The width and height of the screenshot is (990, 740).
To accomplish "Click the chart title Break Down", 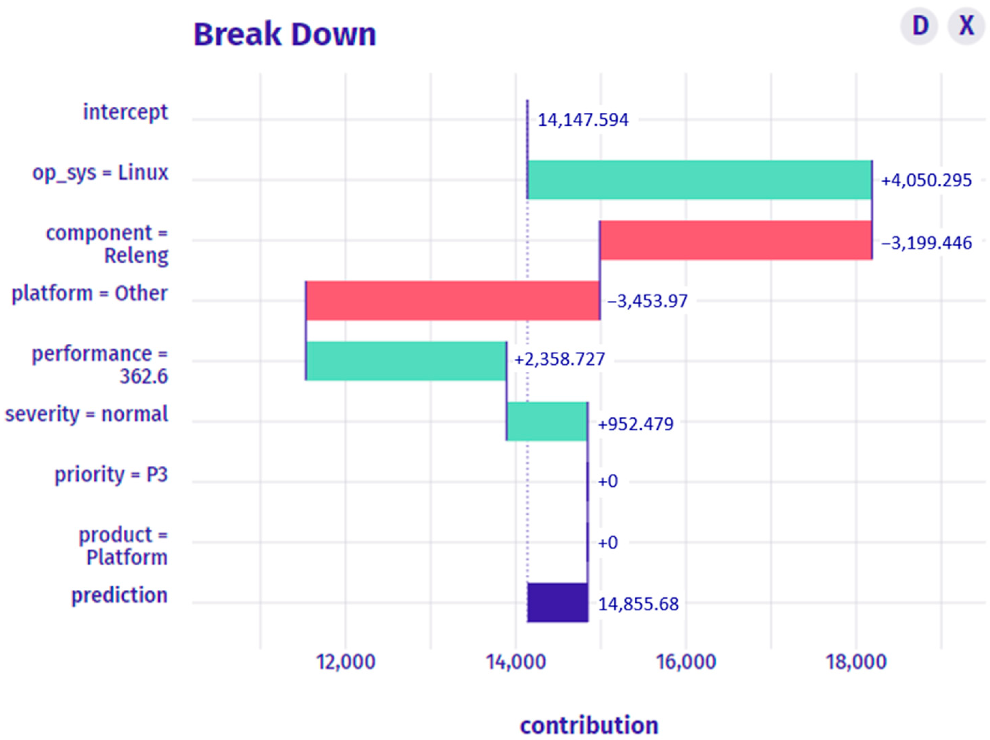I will [x=285, y=34].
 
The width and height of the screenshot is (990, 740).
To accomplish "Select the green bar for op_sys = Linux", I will [x=699, y=180].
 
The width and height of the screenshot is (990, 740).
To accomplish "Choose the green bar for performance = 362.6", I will [x=406, y=361].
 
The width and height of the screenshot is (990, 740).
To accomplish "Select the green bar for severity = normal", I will [x=547, y=421].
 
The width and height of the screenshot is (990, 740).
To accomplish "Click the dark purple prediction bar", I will [x=557, y=602].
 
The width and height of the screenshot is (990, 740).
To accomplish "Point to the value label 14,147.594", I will [x=583, y=120].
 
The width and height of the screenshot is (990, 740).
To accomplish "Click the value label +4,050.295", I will [x=926, y=181].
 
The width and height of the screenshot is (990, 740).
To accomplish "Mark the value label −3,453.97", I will [x=647, y=301].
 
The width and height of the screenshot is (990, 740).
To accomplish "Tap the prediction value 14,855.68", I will [x=638, y=604].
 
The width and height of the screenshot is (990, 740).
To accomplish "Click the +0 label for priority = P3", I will [x=608, y=481].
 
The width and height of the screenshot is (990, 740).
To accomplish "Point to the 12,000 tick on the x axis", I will [x=345, y=662].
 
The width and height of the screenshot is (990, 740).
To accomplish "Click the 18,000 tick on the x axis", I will [x=856, y=662].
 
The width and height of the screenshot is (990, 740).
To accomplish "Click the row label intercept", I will [x=125, y=112].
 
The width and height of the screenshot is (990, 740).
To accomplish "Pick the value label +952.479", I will [x=636, y=424].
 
